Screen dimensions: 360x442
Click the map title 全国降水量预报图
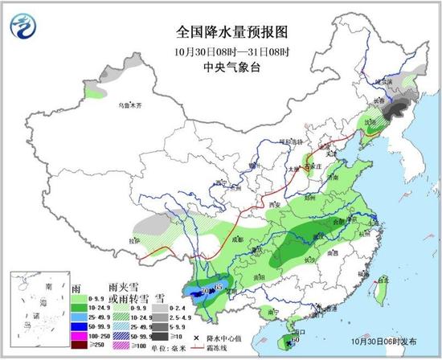pyautogui.click(x=231, y=33)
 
